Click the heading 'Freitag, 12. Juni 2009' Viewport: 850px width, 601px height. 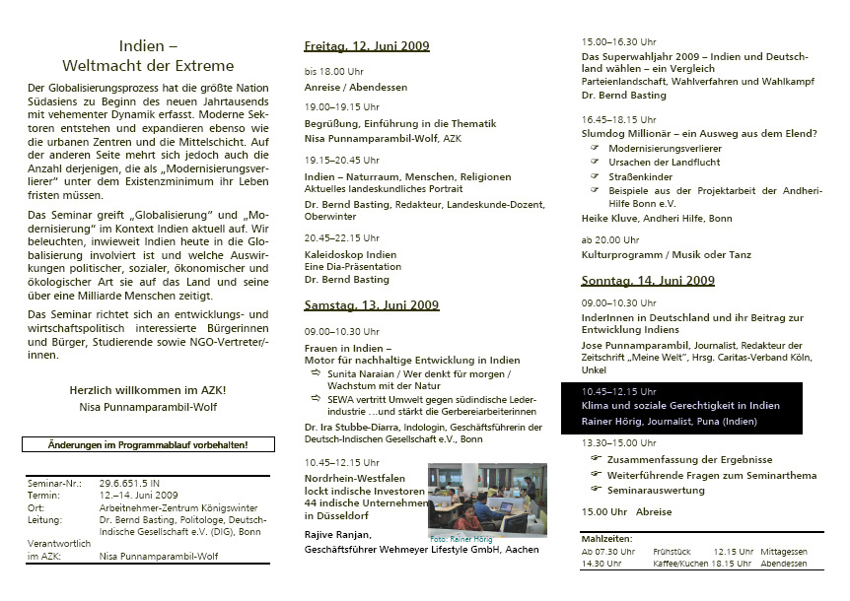pyautogui.click(x=367, y=46)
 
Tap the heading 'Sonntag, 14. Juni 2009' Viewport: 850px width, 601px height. pyautogui.click(x=647, y=281)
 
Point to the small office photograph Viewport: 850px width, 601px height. pyautogui.click(x=487, y=498)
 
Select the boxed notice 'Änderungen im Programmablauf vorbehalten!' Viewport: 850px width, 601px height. pyautogui.click(x=148, y=444)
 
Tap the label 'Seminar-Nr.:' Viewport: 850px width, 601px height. pyautogui.click(x=52, y=483)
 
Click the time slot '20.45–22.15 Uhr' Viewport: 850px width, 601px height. pyautogui.click(x=340, y=237)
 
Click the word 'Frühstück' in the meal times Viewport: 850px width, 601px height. pyautogui.click(x=673, y=552)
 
